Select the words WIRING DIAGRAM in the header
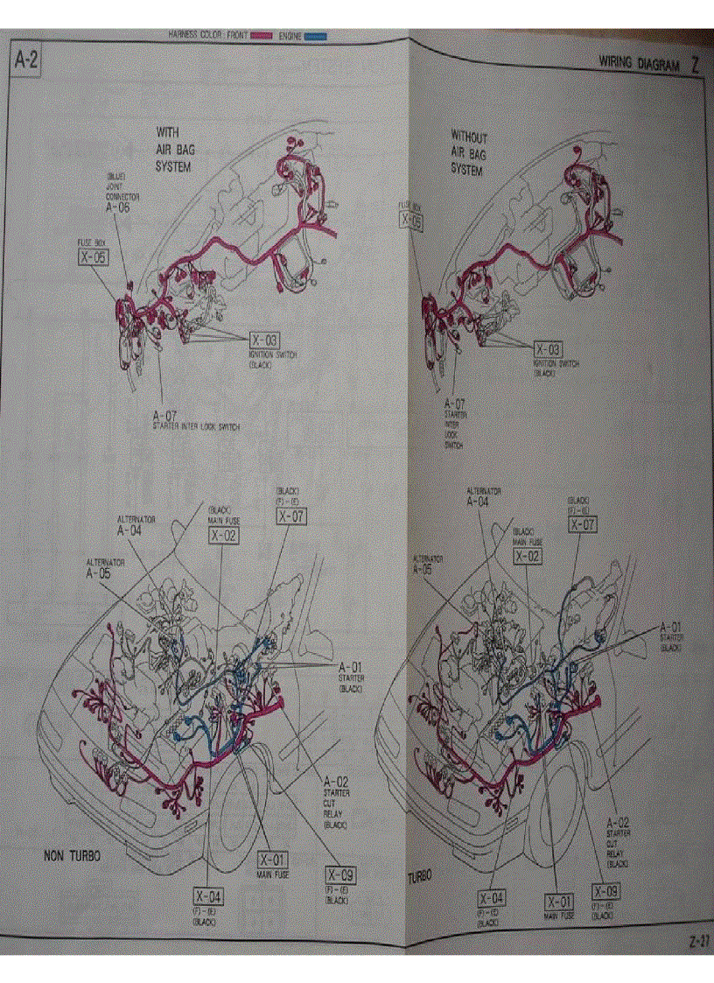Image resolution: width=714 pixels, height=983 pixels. (639, 63)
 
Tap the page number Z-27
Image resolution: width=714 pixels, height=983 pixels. (697, 943)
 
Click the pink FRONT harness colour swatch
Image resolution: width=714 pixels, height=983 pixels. (262, 36)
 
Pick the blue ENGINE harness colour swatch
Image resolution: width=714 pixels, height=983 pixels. (315, 36)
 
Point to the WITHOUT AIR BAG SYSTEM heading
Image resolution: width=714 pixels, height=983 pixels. (469, 153)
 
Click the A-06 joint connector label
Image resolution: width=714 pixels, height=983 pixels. (117, 208)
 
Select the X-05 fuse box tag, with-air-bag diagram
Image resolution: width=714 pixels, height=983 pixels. (93, 256)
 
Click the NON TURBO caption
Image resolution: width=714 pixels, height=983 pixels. (72, 855)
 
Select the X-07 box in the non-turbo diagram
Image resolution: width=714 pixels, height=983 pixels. (291, 516)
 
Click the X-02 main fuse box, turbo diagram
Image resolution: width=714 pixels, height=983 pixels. (528, 556)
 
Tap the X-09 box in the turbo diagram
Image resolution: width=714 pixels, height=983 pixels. (606, 892)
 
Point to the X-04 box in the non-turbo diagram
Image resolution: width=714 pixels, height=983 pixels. (208, 895)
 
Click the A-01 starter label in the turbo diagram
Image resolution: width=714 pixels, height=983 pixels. (671, 627)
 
